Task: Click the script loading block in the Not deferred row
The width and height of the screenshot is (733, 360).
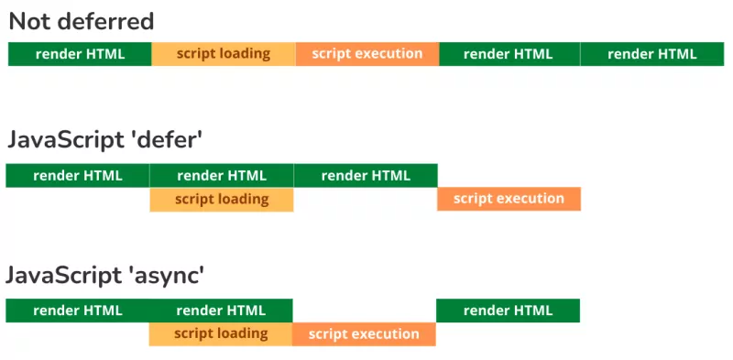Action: pyautogui.click(x=224, y=54)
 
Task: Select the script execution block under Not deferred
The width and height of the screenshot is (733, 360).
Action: pyautogui.click(x=367, y=54)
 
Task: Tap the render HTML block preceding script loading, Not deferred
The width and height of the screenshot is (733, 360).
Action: pyautogui.click(x=80, y=54)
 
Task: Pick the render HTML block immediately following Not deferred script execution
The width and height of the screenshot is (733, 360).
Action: pyautogui.click(x=509, y=54)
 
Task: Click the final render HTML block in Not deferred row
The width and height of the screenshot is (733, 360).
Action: pyautogui.click(x=652, y=54)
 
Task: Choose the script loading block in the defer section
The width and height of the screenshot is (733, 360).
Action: pyautogui.click(x=222, y=199)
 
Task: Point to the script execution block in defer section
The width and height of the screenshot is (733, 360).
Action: pyautogui.click(x=509, y=199)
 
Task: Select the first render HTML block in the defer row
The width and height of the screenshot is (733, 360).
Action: pyautogui.click(x=78, y=175)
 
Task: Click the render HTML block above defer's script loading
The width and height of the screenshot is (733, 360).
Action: pyautogui.click(x=222, y=175)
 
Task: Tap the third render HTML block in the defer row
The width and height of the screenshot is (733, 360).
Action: pyautogui.click(x=366, y=175)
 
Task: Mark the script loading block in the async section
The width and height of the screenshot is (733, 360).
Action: pyautogui.click(x=221, y=334)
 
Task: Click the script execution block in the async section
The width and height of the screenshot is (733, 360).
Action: pyautogui.click(x=364, y=334)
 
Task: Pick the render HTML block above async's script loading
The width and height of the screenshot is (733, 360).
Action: pyautogui.click(x=221, y=311)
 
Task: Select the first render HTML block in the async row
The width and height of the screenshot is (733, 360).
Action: pyautogui.click(x=78, y=311)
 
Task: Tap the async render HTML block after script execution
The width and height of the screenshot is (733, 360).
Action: pyautogui.click(x=508, y=311)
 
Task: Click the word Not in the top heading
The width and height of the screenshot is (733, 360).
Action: pyautogui.click(x=29, y=21)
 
